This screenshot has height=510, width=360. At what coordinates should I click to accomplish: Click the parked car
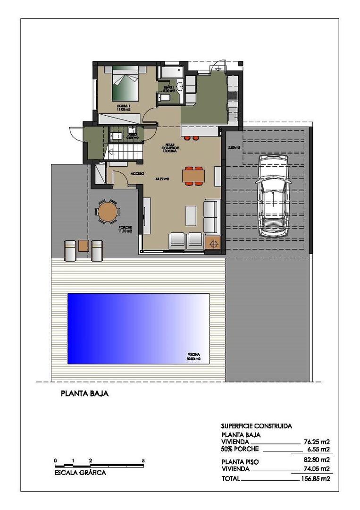[272, 195]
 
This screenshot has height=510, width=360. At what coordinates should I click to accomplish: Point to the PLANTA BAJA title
[85, 393]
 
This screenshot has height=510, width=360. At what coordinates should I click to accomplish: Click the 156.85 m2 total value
[316, 478]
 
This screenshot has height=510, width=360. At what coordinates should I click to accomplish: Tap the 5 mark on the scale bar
[143, 460]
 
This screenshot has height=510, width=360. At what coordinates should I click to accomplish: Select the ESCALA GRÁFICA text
[80, 473]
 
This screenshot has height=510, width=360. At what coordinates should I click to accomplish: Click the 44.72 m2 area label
[162, 179]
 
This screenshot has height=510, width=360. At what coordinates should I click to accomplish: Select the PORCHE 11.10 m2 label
[125, 229]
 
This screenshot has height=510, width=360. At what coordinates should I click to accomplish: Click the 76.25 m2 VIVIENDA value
[316, 442]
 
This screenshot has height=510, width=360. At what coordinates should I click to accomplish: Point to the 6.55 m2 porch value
[318, 450]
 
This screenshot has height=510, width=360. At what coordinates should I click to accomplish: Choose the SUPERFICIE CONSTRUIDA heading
[256, 426]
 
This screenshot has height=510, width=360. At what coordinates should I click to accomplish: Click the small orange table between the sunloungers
[84, 246]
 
